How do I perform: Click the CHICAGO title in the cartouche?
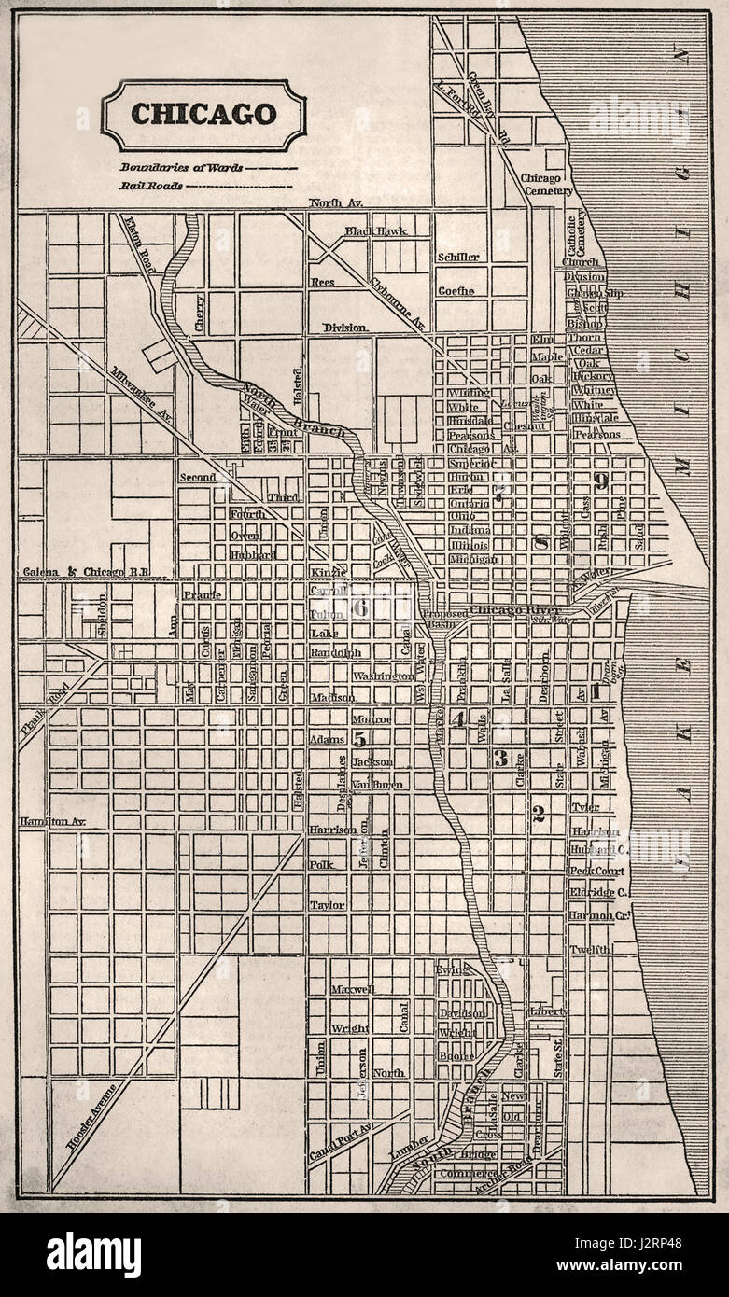pos(203,114)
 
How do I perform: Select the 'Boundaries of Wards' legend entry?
pos(180,168)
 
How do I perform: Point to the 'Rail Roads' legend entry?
pos(149,186)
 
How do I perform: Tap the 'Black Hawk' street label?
pos(375,230)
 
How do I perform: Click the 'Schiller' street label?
pos(457,257)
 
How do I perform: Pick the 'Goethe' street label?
pos(456,290)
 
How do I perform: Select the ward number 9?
pos(602,481)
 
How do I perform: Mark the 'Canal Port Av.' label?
pos(341,1141)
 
